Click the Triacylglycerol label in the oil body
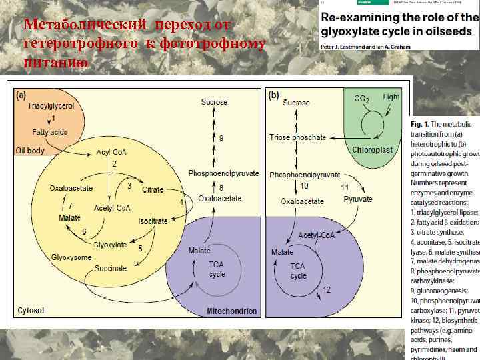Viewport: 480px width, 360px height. point(51,106)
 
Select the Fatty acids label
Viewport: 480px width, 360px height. point(51,132)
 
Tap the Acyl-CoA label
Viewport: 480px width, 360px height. point(112,151)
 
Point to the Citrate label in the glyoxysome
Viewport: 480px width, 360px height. point(153,190)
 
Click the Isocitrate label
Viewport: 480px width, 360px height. point(153,221)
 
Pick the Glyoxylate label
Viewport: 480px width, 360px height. point(110,245)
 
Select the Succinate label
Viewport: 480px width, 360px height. point(110,268)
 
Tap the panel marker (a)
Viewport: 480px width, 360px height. point(22,95)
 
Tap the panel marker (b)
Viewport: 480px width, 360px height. point(274,95)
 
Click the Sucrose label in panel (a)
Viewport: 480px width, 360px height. point(214,102)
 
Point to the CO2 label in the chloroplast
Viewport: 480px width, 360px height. point(362,99)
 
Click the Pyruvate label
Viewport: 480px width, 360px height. point(358,199)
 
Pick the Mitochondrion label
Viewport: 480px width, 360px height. point(232,311)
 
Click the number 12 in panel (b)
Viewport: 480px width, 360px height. point(326,290)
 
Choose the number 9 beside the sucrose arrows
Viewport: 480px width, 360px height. point(221,137)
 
